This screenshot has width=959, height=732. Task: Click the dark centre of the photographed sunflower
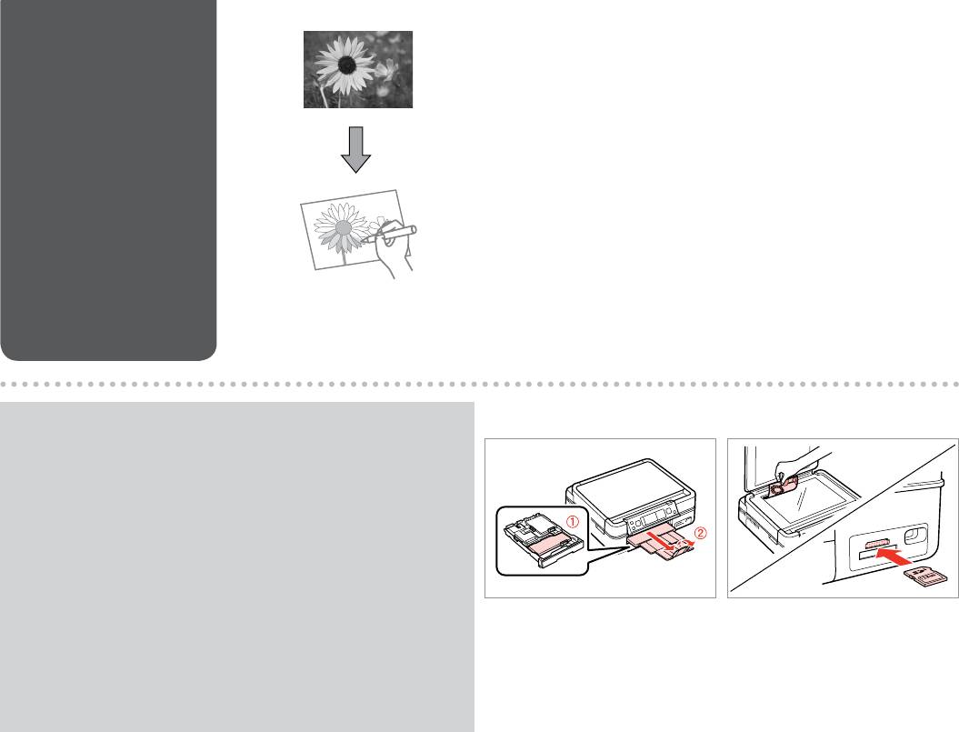coord(347,65)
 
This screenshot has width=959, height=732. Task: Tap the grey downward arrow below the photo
coord(355,149)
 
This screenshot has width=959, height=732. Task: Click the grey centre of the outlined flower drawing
coord(345,227)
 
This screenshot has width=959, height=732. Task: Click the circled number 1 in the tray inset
coord(572,522)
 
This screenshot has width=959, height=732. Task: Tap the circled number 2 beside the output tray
coord(700,533)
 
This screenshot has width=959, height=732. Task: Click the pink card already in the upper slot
coord(878,544)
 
